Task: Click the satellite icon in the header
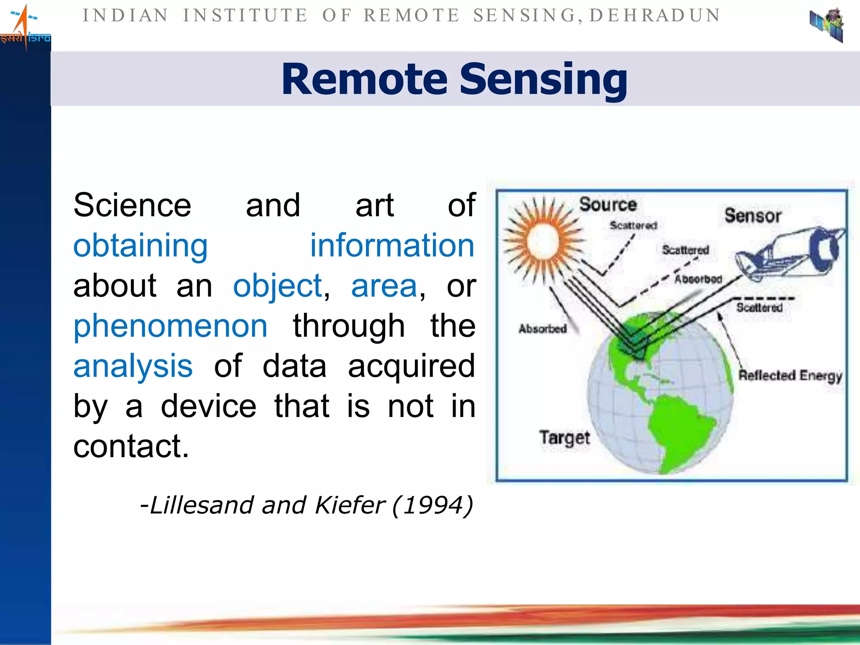click(826, 25)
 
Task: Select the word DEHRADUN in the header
click(655, 16)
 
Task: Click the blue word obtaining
click(140, 246)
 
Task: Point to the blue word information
click(392, 245)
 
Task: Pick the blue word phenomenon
click(170, 326)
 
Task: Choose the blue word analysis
click(133, 366)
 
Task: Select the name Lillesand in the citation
click(202, 505)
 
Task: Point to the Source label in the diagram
click(608, 205)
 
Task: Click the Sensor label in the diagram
click(752, 215)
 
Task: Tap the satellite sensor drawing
click(789, 254)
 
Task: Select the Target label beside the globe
click(564, 438)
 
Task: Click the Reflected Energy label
click(790, 375)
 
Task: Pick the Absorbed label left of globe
click(543, 328)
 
